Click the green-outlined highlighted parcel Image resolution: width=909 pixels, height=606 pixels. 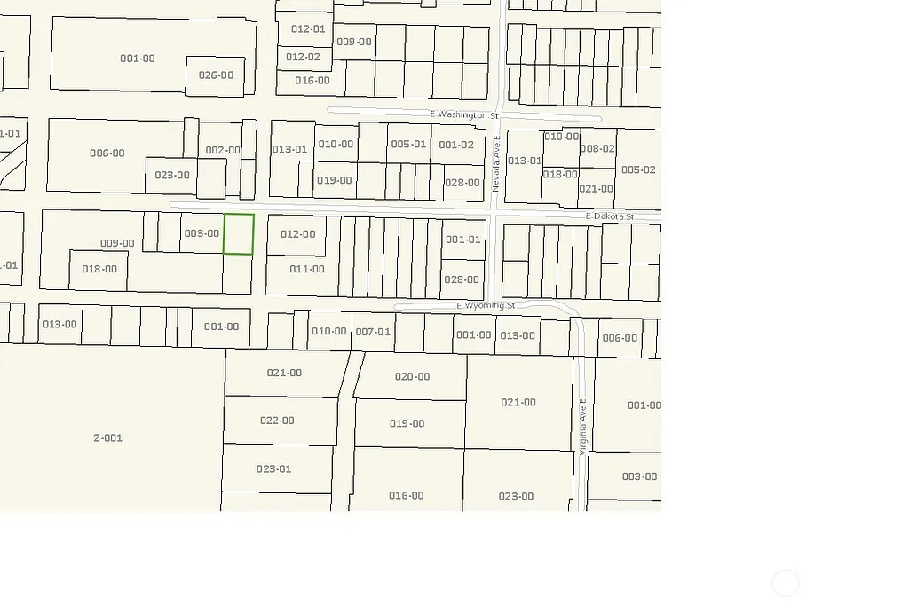point(238,234)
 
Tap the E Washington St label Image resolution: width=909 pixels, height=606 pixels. point(464,115)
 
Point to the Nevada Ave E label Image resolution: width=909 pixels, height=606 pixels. point(496,164)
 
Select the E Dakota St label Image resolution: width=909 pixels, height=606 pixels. point(610,216)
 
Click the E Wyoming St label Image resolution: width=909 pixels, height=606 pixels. point(486,306)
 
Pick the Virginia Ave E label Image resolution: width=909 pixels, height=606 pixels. point(583,427)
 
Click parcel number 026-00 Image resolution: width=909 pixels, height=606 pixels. point(216,75)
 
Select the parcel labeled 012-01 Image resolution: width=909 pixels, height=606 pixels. point(308,29)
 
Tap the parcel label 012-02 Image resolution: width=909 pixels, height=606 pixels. point(303,57)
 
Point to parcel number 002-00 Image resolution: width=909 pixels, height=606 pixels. point(223,150)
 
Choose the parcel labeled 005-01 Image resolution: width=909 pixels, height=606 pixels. point(408,144)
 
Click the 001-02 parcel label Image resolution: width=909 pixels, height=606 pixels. point(456,145)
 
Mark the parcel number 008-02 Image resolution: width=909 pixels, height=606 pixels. point(597,149)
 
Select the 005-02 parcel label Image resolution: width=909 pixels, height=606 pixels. point(638,169)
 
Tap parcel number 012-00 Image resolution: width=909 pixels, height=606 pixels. point(297,234)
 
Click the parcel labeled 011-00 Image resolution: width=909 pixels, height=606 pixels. point(307,269)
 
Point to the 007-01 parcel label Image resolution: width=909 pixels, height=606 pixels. point(373,332)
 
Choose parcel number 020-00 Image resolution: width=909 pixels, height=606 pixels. point(412,377)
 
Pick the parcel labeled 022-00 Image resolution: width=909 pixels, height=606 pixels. point(277,421)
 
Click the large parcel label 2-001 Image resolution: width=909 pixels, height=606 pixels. point(108,437)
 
